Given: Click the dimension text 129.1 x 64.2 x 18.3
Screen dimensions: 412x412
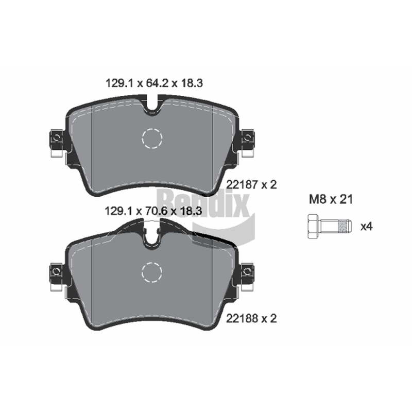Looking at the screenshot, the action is click(x=154, y=83).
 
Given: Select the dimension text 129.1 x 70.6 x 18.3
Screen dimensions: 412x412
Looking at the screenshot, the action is click(x=153, y=211).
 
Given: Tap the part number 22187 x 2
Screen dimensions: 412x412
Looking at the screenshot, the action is click(x=251, y=185).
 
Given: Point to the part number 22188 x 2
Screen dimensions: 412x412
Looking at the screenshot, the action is click(x=251, y=319).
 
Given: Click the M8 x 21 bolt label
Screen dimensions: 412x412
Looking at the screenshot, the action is click(x=331, y=200).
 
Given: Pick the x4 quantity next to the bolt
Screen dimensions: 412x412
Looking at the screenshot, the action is click(x=367, y=227).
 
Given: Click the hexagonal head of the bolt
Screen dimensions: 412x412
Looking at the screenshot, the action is click(x=313, y=226).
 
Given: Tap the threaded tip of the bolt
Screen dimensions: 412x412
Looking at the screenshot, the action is click(x=345, y=226).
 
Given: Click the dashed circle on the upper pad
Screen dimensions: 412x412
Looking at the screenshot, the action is click(x=152, y=139).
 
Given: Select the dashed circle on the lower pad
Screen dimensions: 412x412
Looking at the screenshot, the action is click(x=152, y=272).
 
